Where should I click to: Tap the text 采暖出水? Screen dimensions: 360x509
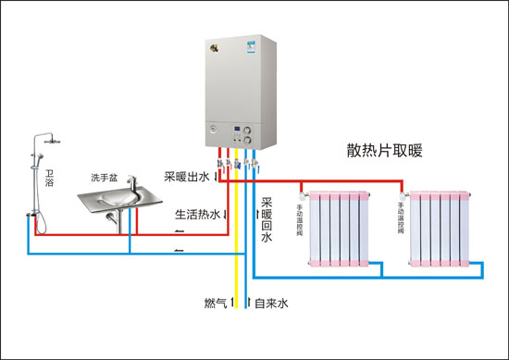pos(187,176)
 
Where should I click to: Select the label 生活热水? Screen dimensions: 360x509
pos(197,215)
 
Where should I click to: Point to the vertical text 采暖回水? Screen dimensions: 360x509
pos(267,218)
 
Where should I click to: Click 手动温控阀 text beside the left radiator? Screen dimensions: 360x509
pos(299,216)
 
